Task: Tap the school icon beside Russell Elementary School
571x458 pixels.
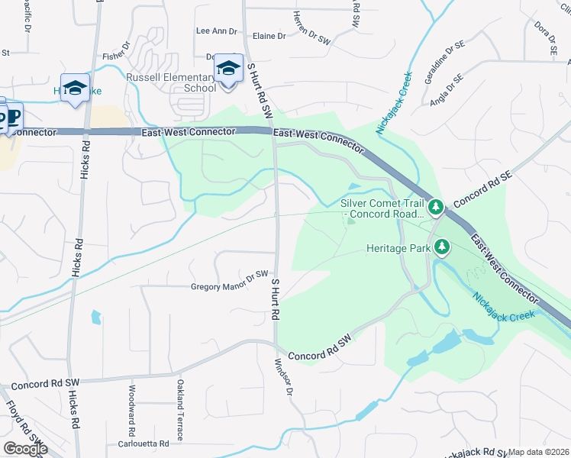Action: (228, 69)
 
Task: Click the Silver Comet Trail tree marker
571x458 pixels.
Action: (436, 206)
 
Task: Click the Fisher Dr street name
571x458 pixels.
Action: (118, 55)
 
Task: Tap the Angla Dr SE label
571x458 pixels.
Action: (447, 89)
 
